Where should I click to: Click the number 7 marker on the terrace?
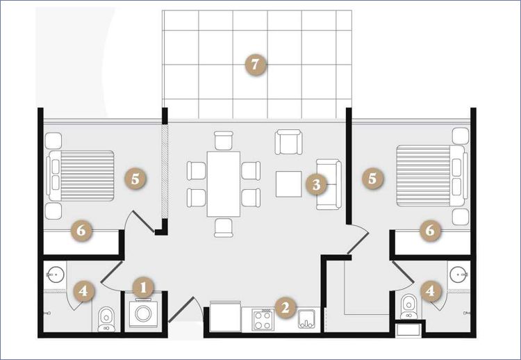coord(255,65)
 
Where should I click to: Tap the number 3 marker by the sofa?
coord(316,184)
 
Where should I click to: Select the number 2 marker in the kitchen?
coord(285,307)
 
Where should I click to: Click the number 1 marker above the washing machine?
coord(143,288)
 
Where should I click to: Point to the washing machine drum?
coord(143,313)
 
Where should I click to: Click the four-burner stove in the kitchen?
coord(263,320)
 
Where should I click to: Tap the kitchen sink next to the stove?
coord(306,319)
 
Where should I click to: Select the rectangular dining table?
coord(223,184)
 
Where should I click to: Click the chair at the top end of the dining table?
coord(224,140)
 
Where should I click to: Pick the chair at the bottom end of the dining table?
coord(224,228)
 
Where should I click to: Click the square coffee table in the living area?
coord(289,184)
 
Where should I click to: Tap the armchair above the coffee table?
coord(289,142)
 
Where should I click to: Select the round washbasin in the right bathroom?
coord(460,275)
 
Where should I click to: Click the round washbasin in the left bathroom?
coord(55,275)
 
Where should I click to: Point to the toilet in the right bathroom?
coord(409,306)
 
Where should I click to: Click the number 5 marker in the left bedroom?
coord(135,179)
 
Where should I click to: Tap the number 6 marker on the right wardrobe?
coord(430,230)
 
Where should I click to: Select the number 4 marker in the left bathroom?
coord(83,291)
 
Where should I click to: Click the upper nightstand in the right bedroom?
coord(461,136)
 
